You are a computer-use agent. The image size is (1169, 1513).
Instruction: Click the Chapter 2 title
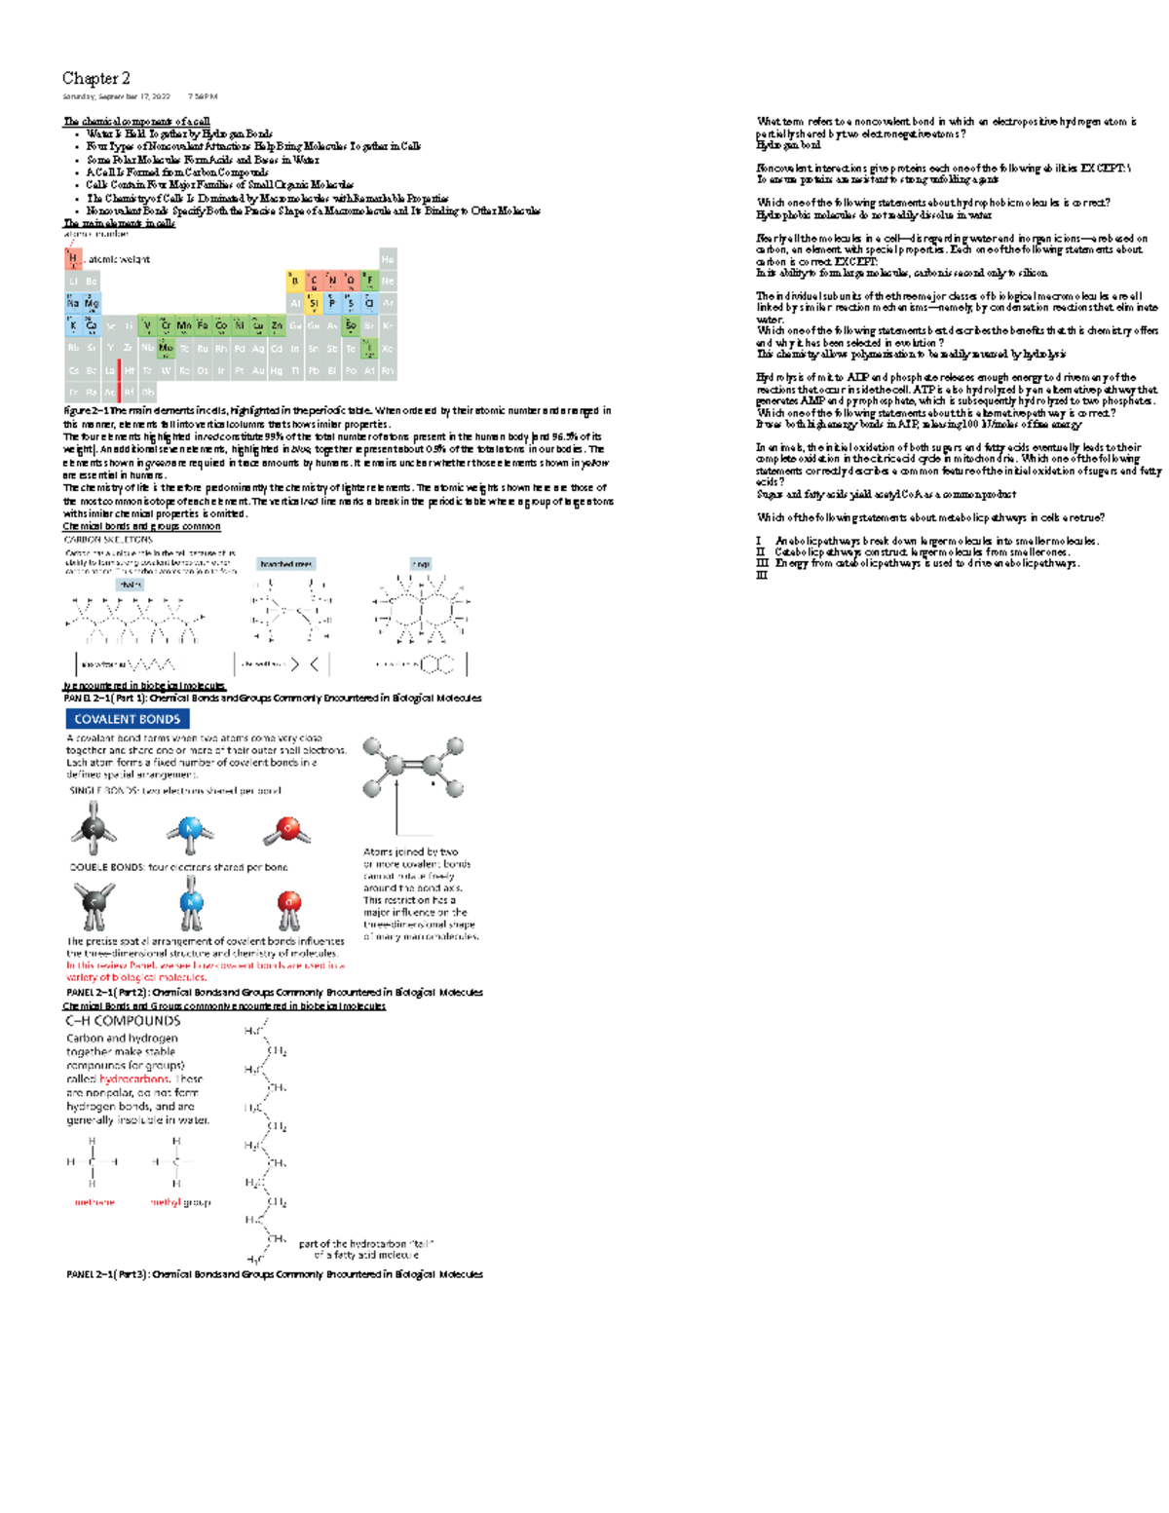coord(95,78)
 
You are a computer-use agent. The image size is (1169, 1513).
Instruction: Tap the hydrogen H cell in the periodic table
coord(72,259)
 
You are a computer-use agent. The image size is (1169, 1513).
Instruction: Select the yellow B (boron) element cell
coord(295,282)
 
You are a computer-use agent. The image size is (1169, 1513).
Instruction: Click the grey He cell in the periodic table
coord(388,259)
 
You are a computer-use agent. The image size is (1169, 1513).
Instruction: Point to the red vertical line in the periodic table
coord(119,380)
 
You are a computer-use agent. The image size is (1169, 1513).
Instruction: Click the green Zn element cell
coord(277,325)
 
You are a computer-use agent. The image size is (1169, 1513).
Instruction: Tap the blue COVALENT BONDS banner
coord(128,719)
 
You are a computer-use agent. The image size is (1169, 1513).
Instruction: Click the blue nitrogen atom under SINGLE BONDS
coord(190,830)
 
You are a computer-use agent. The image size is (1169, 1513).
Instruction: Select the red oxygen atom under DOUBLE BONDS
coord(288,902)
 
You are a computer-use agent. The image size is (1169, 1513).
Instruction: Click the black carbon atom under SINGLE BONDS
coord(94,828)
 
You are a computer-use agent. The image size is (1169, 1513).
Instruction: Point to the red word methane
coord(94,1202)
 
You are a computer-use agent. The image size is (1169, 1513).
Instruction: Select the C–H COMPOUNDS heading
coord(123,1021)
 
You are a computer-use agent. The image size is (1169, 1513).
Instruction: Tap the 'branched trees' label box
coord(285,564)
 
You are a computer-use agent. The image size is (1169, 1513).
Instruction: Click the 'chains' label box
coord(130,585)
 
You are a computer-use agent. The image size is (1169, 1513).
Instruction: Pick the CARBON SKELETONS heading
coord(108,539)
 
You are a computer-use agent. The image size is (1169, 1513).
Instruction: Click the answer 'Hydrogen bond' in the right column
coord(789,145)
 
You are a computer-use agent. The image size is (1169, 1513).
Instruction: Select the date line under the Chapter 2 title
coord(139,96)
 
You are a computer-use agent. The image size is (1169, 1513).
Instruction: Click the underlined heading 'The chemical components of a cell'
coord(136,122)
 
